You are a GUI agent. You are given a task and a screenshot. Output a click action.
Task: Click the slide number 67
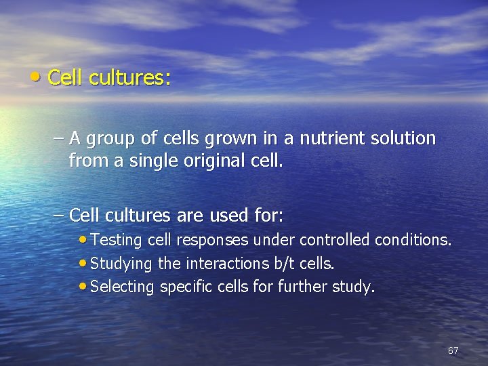pos(453,350)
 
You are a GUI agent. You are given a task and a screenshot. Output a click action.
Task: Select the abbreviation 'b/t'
pos(288,263)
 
